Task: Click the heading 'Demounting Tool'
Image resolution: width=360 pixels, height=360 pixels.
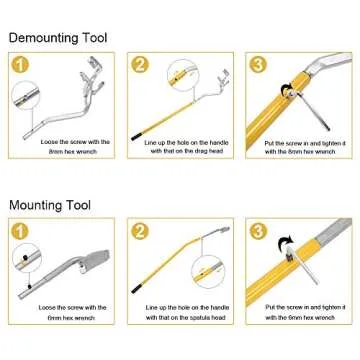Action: point(58,38)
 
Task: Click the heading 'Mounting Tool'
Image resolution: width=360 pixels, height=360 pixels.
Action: point(50,205)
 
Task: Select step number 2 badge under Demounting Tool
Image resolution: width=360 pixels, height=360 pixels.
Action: point(141,65)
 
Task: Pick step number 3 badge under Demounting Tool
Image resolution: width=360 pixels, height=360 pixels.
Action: point(258,65)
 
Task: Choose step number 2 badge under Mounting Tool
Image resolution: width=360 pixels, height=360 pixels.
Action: point(141,231)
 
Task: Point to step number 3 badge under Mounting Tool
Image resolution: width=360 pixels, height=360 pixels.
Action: point(258,231)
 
